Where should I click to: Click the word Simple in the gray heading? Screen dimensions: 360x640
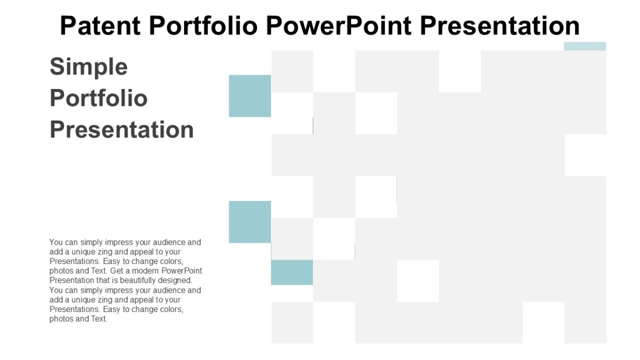89,67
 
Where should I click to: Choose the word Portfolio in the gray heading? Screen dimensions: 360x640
99,99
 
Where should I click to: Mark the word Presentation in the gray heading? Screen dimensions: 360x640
122,130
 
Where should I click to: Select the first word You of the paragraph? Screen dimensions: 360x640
55,242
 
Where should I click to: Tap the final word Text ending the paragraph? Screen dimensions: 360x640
99,319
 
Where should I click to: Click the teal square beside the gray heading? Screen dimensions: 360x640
250,96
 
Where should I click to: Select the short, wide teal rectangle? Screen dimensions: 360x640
292,272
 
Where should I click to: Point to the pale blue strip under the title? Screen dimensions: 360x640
585,46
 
